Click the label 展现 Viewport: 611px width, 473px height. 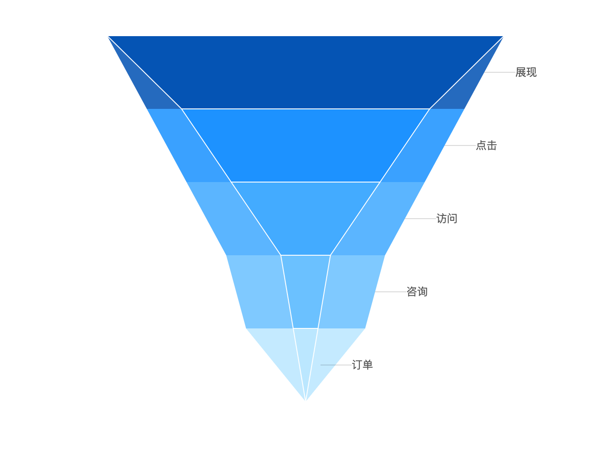526,72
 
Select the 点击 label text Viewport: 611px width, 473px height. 486,145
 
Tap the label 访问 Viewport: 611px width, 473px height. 446,219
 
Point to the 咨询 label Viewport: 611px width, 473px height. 417,292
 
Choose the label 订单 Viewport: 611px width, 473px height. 362,365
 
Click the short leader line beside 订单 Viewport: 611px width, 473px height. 328,365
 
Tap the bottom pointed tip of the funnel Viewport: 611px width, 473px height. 305,400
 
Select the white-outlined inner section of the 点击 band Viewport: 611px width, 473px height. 305,145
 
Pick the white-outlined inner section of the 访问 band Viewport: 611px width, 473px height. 305,219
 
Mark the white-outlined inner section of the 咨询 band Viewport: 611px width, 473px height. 305,292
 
